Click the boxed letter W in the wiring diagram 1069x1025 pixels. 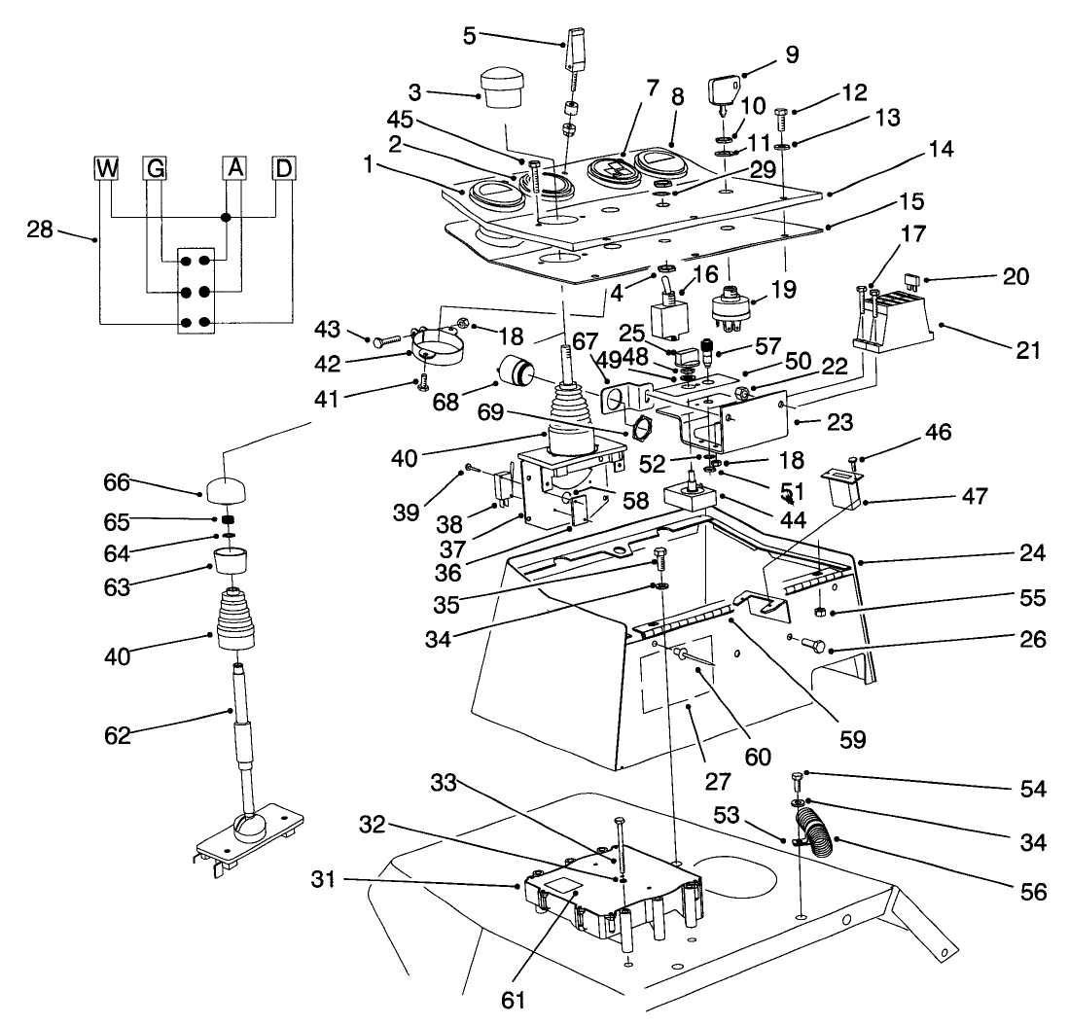(105, 167)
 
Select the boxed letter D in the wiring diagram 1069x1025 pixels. (283, 167)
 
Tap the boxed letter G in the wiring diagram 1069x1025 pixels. (154, 167)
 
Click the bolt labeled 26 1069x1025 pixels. (813, 644)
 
